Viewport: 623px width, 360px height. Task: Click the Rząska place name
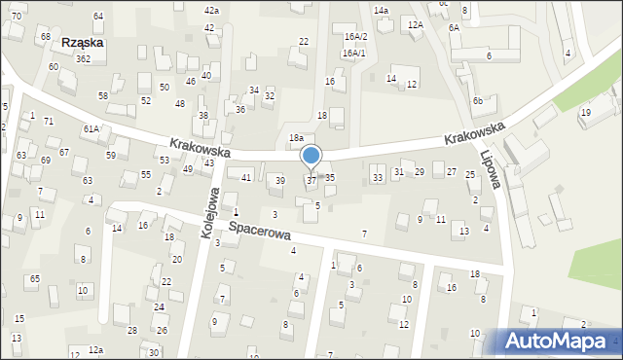pos(83,43)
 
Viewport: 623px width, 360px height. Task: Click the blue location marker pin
pos(311,157)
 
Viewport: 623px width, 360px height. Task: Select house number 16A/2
pos(355,36)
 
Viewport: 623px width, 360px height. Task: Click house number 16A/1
pos(354,53)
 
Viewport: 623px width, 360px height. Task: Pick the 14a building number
pos(381,10)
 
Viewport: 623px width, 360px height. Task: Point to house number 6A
pos(454,28)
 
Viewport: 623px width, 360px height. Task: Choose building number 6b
pos(478,101)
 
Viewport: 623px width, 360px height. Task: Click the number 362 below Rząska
pos(84,59)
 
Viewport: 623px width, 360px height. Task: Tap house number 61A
pos(91,128)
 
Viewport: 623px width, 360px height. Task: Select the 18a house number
pos(296,138)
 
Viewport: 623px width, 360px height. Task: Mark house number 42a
pos(211,10)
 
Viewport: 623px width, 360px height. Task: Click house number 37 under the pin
pos(311,180)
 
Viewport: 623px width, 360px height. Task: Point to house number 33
pos(377,177)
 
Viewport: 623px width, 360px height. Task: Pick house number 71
pos(49,121)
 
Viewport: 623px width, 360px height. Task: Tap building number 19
pos(585,113)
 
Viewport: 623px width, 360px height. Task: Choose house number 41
pos(246,177)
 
